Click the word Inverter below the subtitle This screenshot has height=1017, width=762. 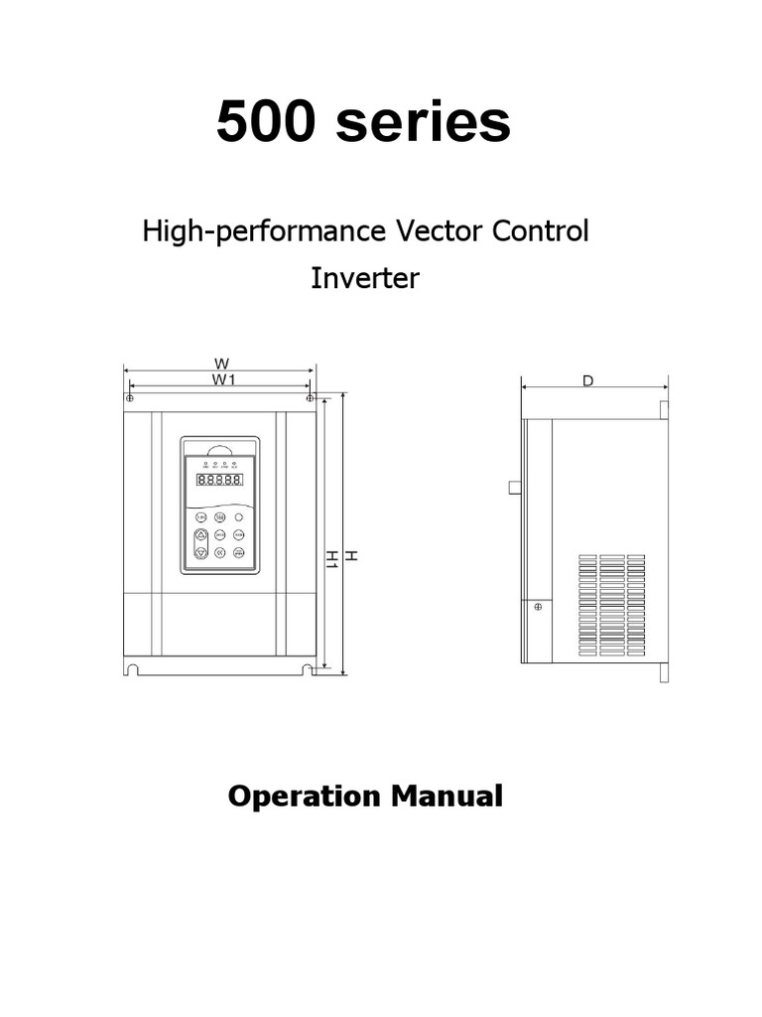click(365, 278)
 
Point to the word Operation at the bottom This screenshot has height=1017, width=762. click(304, 796)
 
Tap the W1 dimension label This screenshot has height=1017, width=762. click(222, 379)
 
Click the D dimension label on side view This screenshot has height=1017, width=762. click(588, 380)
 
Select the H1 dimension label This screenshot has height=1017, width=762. click(332, 560)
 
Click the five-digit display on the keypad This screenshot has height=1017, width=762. click(219, 480)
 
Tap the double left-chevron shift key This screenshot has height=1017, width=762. click(219, 551)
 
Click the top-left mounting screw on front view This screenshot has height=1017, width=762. click(130, 398)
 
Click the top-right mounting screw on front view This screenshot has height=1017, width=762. click(311, 398)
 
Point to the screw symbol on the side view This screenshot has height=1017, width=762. click(538, 606)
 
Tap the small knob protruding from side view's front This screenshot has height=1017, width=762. click(514, 487)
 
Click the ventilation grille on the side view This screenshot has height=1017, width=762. click(608, 606)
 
